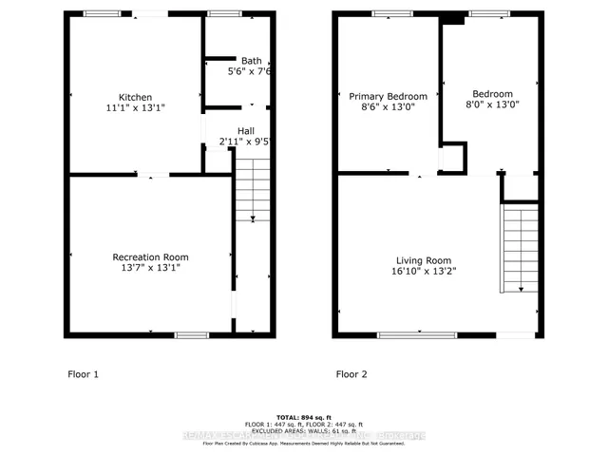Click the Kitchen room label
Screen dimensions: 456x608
click(x=135, y=97)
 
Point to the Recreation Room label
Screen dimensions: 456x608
click(x=150, y=256)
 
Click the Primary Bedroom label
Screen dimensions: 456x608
click(x=388, y=96)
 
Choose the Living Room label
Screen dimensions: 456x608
click(x=424, y=260)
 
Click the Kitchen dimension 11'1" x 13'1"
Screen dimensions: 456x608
click(x=135, y=108)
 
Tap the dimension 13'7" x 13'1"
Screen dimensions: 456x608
click(x=150, y=268)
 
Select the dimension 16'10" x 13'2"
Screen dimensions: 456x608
click(x=424, y=272)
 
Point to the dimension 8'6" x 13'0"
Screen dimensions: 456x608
click(x=388, y=107)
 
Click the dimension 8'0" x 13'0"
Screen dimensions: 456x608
click(x=492, y=105)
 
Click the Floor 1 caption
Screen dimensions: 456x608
click(x=82, y=374)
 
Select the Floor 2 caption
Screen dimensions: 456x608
click(x=353, y=374)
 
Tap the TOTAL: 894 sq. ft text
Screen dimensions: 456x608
click(x=303, y=417)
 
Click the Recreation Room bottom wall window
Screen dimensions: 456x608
click(x=192, y=334)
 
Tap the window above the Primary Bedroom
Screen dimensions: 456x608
click(x=387, y=14)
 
